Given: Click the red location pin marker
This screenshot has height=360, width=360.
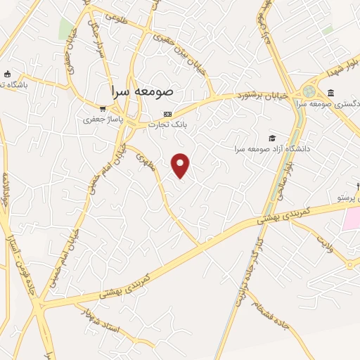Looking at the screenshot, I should [x=181, y=165].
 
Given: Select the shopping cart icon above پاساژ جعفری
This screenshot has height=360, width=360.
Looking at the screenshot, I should [x=103, y=109].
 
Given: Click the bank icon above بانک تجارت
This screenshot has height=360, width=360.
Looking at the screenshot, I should [x=167, y=115].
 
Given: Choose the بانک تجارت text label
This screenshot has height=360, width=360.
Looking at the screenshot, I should [x=167, y=125].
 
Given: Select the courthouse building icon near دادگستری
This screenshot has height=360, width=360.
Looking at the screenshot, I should [x=330, y=93].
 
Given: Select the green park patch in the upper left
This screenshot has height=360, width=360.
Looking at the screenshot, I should [x=66, y=29].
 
